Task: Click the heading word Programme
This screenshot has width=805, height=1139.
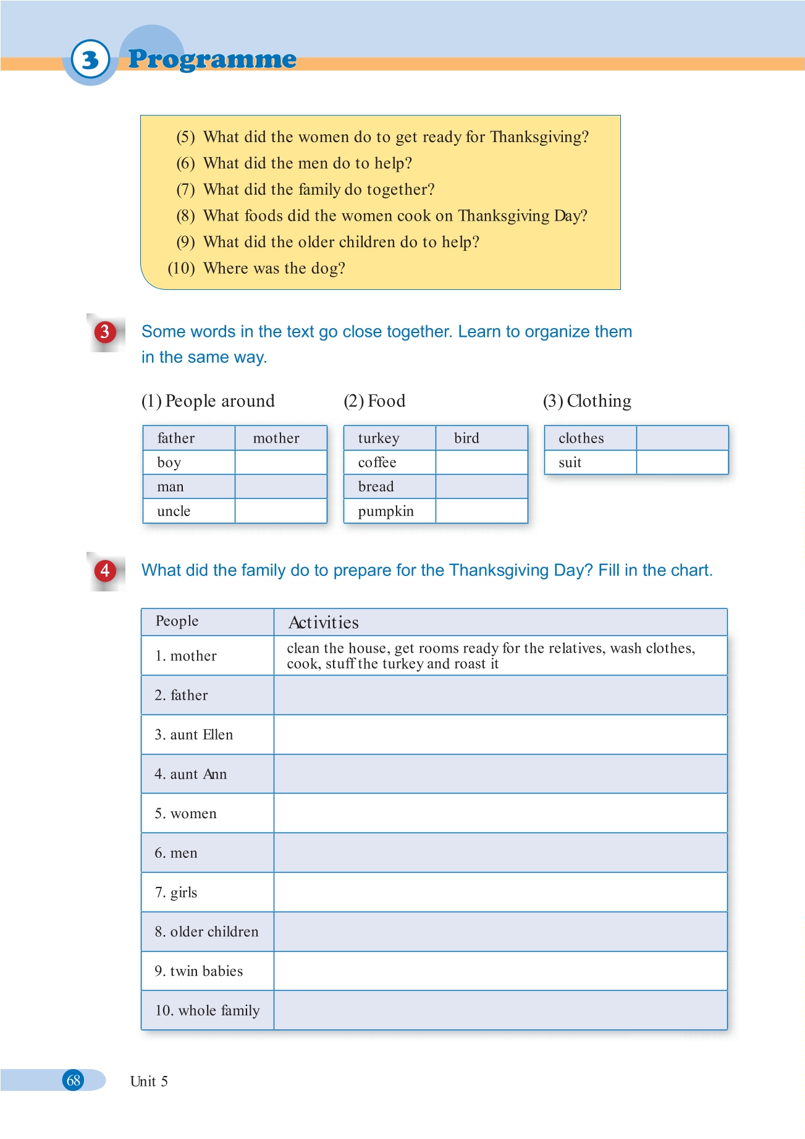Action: click(x=212, y=59)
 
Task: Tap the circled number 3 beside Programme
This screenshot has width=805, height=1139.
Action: click(x=90, y=60)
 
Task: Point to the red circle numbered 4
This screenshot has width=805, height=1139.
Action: click(x=105, y=570)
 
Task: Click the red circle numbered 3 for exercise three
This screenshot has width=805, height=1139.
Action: click(x=105, y=332)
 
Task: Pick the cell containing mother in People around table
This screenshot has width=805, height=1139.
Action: click(x=280, y=438)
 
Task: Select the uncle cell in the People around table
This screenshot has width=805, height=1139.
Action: click(x=188, y=511)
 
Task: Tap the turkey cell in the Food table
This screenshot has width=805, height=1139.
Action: click(x=389, y=438)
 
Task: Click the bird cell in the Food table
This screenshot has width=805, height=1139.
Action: click(x=481, y=438)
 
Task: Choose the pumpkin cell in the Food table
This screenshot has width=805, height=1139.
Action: click(x=389, y=511)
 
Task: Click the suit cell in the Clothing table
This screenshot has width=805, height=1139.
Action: click(x=590, y=462)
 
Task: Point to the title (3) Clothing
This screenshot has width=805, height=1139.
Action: click(x=587, y=401)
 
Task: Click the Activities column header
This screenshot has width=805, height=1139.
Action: click(x=324, y=622)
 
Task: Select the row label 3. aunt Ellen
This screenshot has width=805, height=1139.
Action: click(x=194, y=735)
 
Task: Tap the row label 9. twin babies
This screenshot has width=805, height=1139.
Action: click(x=199, y=971)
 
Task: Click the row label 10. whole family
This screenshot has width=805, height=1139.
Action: click(x=208, y=1010)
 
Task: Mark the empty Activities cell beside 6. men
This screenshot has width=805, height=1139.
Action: click(x=500, y=853)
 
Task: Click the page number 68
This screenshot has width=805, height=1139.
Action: click(x=74, y=1080)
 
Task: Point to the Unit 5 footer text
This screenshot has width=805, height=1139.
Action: click(x=149, y=1081)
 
